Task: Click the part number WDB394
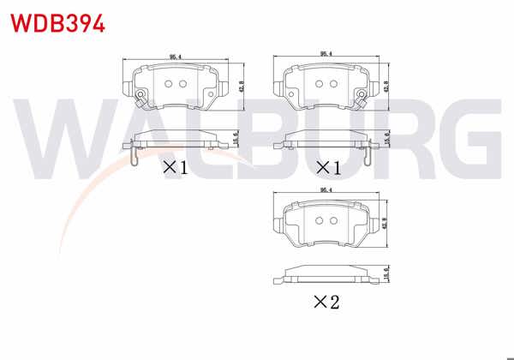57,23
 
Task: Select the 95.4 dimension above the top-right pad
326,54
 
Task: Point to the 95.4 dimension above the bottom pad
326,190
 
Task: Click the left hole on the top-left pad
168,84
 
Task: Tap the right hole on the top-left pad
182,84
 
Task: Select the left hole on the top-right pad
319,84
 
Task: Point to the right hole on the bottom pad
332,220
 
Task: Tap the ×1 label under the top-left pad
175,167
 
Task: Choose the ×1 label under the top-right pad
327,167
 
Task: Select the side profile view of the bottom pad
325,276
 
